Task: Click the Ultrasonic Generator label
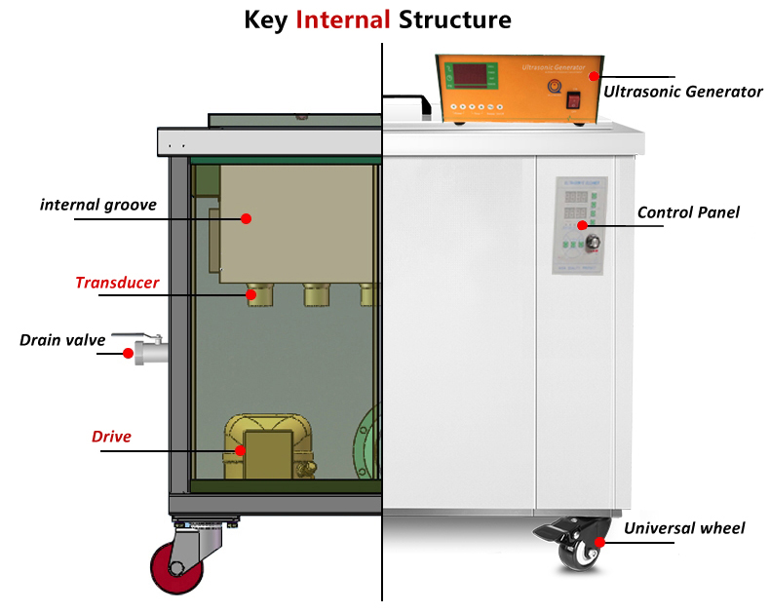[x=682, y=92]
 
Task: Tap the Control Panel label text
[x=688, y=212]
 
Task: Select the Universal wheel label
[x=684, y=528]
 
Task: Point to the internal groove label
[x=98, y=205]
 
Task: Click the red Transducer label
[x=117, y=284]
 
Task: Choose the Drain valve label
[x=60, y=340]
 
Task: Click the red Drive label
[x=111, y=437]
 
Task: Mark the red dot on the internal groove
[x=247, y=218]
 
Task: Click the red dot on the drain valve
[x=128, y=354]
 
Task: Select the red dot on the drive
[x=241, y=450]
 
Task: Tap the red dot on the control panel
[x=583, y=225]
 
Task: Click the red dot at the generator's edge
[x=592, y=76]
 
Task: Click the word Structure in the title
[x=454, y=19]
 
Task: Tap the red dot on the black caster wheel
[x=601, y=542]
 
